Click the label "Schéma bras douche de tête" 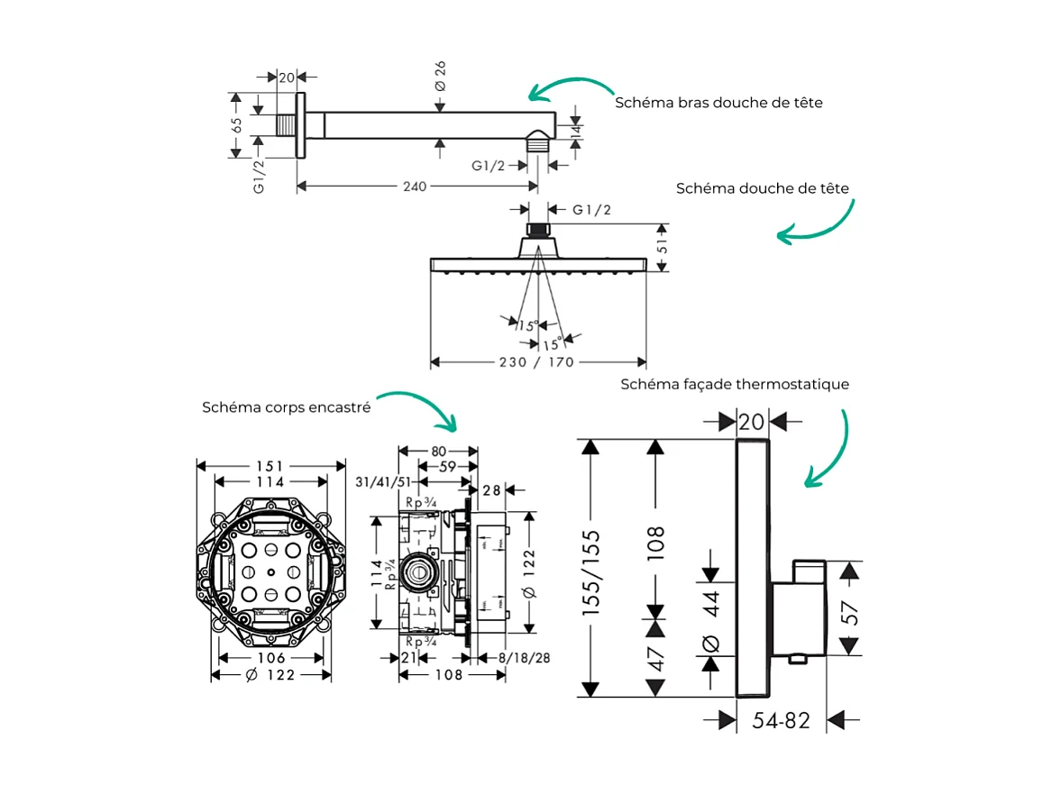pyautogui.click(x=718, y=103)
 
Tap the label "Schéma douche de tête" pyautogui.click(x=762, y=188)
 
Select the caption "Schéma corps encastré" pyautogui.click(x=286, y=407)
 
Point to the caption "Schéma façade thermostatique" pyautogui.click(x=734, y=385)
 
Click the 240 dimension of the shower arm pyautogui.click(x=414, y=187)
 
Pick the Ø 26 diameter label pyautogui.click(x=441, y=75)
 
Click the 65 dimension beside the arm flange pyautogui.click(x=236, y=125)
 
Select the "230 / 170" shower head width pyautogui.click(x=538, y=362)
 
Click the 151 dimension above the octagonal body pyautogui.click(x=270, y=466)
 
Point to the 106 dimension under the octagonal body pyautogui.click(x=271, y=658)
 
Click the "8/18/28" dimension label pyautogui.click(x=525, y=658)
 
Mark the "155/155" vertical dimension pyautogui.click(x=591, y=572)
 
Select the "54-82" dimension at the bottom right pyautogui.click(x=782, y=720)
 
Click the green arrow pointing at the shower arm pyautogui.click(x=569, y=87)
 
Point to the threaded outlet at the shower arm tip pyautogui.click(x=537, y=141)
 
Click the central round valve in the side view pyautogui.click(x=417, y=571)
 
